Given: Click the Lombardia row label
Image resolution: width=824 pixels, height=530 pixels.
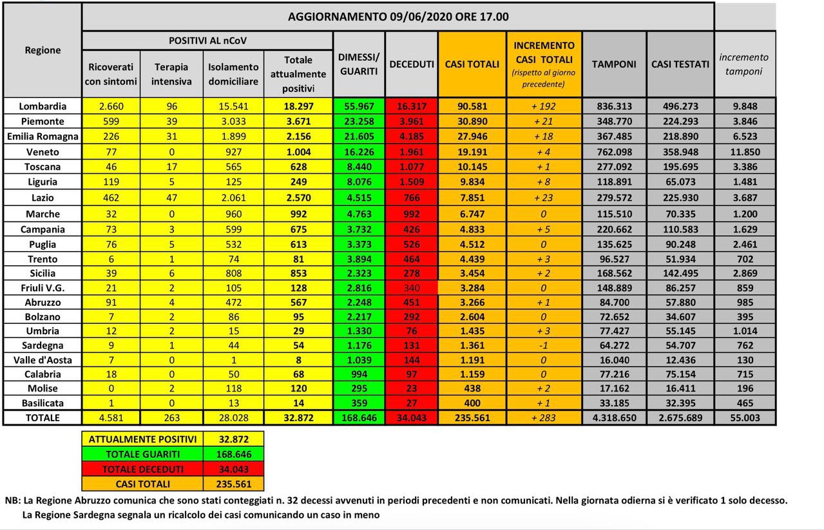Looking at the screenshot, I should pos(43,106).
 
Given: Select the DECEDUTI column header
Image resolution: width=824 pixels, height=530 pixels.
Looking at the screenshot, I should pos(412,64).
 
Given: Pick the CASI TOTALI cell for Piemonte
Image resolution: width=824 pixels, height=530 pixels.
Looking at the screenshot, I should pos(472,122).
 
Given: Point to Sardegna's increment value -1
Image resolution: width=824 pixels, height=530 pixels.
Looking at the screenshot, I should pos(544,345).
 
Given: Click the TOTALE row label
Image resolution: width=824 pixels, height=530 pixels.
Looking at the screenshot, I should pos(43,418).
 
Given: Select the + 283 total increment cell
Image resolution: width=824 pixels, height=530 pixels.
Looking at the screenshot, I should pos(544,418).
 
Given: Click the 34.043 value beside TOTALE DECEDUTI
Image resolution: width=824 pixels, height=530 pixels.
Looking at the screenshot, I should pos(234,469).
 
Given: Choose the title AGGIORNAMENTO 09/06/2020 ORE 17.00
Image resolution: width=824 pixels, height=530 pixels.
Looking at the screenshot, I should pos(398,17).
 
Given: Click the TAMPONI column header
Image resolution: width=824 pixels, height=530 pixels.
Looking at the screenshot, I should pos(614,64).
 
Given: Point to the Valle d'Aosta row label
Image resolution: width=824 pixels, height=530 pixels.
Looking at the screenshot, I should pos(43,361).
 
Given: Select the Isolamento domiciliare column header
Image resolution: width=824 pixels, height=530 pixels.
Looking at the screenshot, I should pos(233,74).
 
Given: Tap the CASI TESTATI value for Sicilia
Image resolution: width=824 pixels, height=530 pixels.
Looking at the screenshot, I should pos(680,273).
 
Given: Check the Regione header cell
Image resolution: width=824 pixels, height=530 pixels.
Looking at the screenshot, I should pos(43,50).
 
